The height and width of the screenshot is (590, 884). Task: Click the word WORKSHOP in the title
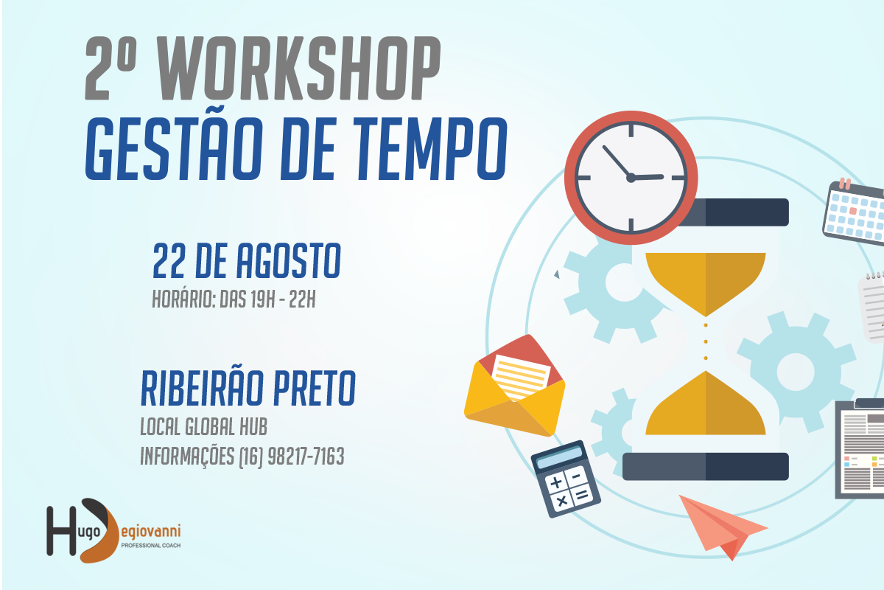coord(299,68)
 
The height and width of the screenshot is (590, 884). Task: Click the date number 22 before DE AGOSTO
coord(169,261)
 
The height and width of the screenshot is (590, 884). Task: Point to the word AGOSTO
coord(289,261)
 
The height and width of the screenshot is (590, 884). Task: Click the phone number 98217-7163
coord(306,457)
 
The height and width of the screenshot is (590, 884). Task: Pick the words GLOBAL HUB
coord(226,426)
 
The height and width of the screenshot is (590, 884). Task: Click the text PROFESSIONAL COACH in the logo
coord(151,545)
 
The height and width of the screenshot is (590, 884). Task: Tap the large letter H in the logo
coord(61,531)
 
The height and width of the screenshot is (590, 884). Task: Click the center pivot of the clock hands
coord(631,178)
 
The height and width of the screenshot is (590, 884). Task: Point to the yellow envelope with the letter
coord(515,385)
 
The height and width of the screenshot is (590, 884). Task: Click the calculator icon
coord(566,479)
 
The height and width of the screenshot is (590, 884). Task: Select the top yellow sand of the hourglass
coord(705,280)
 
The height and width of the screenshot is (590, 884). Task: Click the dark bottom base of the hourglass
coord(705,467)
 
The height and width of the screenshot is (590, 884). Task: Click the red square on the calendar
coord(853,211)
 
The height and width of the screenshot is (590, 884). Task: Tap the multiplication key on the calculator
coord(561,501)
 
